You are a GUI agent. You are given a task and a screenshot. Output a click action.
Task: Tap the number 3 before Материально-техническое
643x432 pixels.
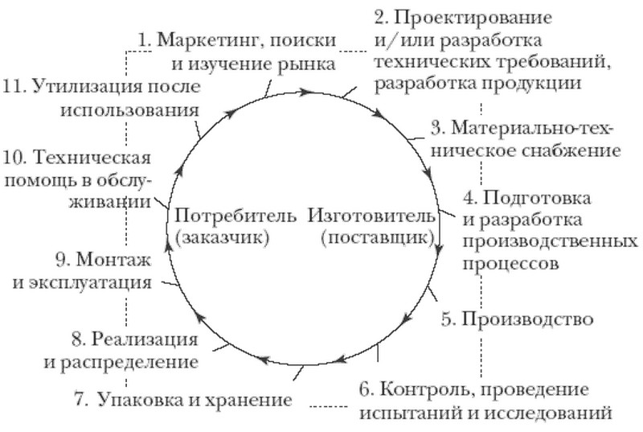tap(437, 128)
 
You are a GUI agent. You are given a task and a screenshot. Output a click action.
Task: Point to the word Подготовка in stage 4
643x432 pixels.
tap(537, 199)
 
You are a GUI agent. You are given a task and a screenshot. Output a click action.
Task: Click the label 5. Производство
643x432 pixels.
tap(517, 319)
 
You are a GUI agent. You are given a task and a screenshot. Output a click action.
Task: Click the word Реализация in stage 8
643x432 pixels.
tap(145, 339)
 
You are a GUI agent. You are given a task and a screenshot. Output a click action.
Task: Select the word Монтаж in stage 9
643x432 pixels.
tap(114, 260)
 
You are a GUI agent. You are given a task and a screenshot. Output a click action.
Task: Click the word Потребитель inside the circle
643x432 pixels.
tap(235, 215)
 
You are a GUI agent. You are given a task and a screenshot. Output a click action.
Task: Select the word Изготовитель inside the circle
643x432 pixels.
tap(371, 215)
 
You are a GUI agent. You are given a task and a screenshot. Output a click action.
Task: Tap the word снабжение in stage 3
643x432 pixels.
tap(571, 151)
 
